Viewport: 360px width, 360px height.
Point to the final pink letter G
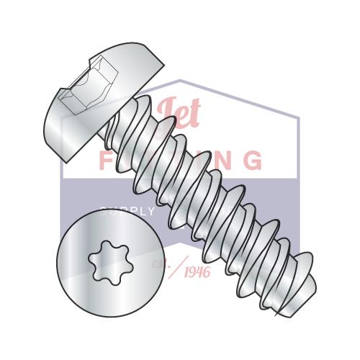pyautogui.click(x=252, y=160)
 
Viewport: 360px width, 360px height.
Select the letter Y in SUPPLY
pyautogui.click(x=150, y=212)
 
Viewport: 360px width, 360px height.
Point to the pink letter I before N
pyautogui.click(x=210, y=160)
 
